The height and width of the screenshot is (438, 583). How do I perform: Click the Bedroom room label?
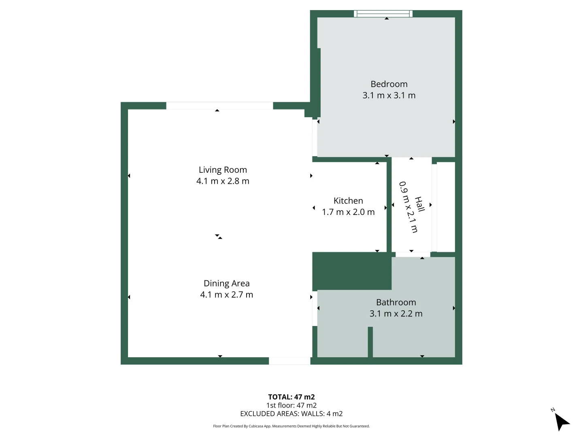coord(389,84)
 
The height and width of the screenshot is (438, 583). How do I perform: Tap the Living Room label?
coord(223,170)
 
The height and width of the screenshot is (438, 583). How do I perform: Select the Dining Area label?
coord(226,283)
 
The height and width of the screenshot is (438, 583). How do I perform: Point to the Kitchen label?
coord(348,201)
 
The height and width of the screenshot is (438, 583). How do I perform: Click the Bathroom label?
coord(396,303)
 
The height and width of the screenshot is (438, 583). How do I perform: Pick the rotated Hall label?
coord(420,204)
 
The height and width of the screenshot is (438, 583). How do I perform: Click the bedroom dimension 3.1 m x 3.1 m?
coord(389,95)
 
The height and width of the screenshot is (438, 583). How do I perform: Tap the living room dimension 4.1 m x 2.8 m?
coord(223,181)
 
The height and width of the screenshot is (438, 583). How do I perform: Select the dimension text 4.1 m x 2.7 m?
coord(226,295)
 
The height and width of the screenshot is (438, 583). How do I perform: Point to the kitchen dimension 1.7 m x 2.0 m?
coord(348,212)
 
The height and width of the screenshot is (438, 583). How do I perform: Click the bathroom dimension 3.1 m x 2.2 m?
coord(396,314)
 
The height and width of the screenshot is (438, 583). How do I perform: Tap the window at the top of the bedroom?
coord(383,14)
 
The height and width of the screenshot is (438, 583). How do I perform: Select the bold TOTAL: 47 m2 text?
coord(291,397)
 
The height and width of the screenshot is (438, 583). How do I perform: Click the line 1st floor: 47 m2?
coord(291,405)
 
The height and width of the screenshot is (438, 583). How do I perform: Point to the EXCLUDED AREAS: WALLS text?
coord(291,414)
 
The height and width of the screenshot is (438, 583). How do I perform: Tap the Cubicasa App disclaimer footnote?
coord(291,426)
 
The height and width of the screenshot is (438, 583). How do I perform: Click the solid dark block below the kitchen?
coord(351,271)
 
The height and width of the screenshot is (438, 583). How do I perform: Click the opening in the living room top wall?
coord(219,106)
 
